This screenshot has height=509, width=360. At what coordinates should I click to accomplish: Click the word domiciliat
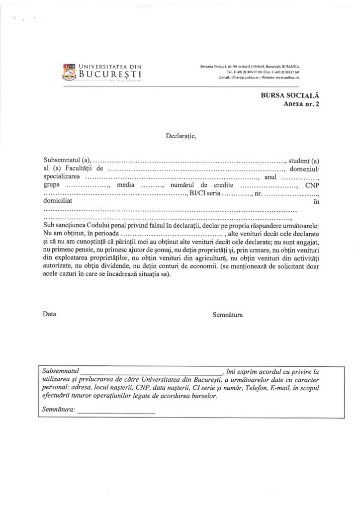58,202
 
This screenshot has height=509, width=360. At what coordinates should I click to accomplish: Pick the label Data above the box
50,314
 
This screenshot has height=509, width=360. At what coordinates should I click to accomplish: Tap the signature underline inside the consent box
116,413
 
